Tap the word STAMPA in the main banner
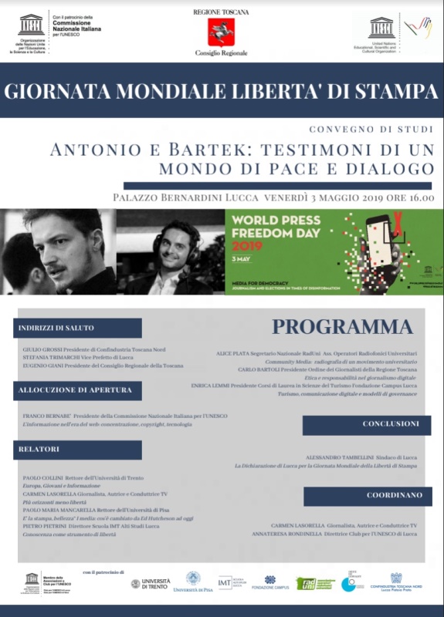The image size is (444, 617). tap(396, 91)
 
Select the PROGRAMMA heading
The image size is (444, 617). tap(341, 326)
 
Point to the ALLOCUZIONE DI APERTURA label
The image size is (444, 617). tap(76, 390)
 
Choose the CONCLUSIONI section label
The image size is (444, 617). tap(391, 424)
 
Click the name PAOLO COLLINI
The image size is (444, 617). tap(43, 478)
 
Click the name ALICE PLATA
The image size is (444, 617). tap(236, 352)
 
